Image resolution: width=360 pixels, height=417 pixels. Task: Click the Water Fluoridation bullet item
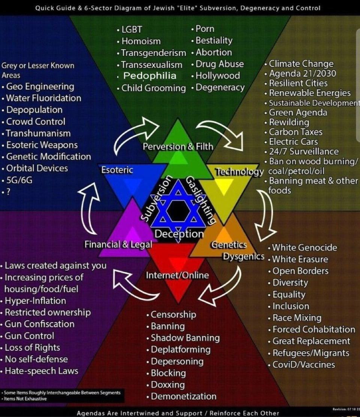click(x=44, y=98)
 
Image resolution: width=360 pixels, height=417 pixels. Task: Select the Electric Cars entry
click(x=294, y=142)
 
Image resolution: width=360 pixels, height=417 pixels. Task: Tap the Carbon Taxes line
click(x=296, y=132)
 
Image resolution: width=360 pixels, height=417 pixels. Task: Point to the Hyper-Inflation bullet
click(x=35, y=301)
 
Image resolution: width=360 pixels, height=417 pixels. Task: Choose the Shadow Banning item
click(x=185, y=338)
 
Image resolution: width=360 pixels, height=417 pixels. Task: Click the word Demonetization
click(x=184, y=396)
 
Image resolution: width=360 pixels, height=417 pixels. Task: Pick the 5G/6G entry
click(x=19, y=180)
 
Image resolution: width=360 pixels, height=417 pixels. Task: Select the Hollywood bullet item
click(x=217, y=76)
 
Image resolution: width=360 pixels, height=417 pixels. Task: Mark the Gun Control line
click(x=30, y=336)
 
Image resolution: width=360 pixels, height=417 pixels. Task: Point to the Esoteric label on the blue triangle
click(x=117, y=170)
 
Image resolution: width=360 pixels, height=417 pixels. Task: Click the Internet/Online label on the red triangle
click(x=177, y=275)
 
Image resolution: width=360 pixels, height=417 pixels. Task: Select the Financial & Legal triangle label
click(x=118, y=245)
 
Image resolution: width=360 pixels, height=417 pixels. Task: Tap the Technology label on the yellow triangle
click(x=239, y=172)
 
